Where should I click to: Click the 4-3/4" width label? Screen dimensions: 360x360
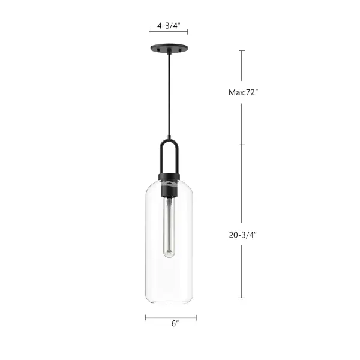point(169,26)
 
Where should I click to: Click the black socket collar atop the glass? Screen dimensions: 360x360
point(170,177)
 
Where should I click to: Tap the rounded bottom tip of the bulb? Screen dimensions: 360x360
point(170,257)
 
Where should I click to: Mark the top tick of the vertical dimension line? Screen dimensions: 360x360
point(242,51)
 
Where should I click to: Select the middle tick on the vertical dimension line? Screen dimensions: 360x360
point(242,145)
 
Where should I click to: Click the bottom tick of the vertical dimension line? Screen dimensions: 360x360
point(242,298)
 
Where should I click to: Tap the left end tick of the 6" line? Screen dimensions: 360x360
point(145,317)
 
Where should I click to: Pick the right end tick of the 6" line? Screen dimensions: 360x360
point(196,317)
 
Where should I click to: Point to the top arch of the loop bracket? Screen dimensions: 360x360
point(170,142)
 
